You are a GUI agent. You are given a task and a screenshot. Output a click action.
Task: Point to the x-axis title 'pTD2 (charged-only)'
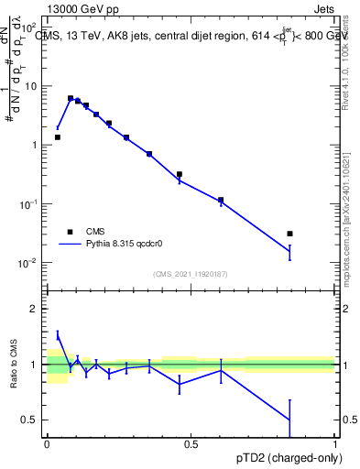pos(285,457)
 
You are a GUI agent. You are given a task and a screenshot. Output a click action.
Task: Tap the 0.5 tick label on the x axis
pos(191,444)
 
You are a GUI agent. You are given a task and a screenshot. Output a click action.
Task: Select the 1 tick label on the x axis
pos(335,444)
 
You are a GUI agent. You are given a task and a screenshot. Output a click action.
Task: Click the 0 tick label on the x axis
pos(47,444)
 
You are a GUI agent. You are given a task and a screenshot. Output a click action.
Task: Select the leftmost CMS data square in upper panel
pos(58,137)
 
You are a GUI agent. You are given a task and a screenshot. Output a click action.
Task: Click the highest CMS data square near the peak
pos(71,98)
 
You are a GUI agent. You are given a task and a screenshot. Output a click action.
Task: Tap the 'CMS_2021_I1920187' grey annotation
pos(191,274)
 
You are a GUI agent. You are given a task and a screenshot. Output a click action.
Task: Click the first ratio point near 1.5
pos(58,335)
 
